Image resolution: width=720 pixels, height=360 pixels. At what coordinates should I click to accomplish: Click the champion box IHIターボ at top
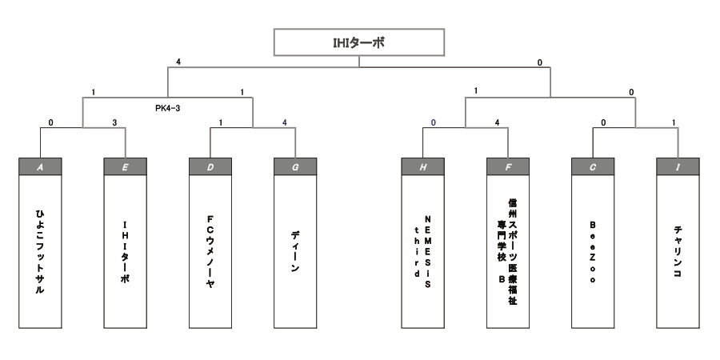click(358, 42)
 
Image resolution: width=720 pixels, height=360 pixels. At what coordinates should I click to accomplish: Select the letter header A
click(40, 167)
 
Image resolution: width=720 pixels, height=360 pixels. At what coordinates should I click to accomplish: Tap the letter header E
click(126, 167)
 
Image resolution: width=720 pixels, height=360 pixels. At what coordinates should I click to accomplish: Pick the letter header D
click(210, 167)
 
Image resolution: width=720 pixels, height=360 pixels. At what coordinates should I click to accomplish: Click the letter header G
click(295, 167)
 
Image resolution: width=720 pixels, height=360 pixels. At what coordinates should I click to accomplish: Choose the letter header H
click(423, 167)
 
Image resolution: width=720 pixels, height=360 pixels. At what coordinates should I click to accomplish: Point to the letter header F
click(508, 167)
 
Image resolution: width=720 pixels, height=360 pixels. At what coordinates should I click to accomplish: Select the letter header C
click(593, 167)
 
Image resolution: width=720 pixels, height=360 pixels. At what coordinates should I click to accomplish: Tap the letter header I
click(678, 167)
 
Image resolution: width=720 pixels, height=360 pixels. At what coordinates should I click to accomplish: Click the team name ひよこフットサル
click(40, 248)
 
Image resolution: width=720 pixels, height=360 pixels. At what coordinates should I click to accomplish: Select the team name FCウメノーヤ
click(210, 248)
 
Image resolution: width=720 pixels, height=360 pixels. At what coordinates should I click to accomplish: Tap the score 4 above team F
click(497, 124)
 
